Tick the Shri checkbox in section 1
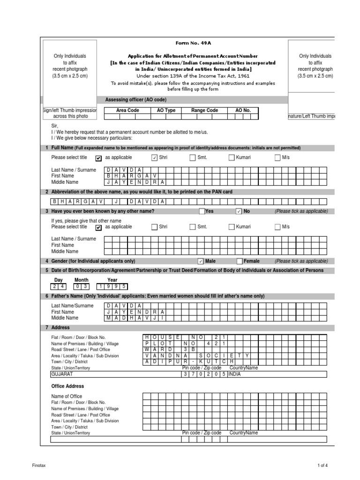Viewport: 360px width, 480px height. click(154, 158)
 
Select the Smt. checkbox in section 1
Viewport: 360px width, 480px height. click(193, 158)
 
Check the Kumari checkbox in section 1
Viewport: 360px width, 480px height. click(231, 158)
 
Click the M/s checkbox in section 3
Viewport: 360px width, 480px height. click(277, 227)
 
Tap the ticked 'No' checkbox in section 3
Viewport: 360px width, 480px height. click(239, 211)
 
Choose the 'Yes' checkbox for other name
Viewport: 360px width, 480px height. click(202, 211)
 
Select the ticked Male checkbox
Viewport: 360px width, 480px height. click(201, 262)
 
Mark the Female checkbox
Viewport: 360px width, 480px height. click(239, 262)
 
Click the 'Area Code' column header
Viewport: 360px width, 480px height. click(127, 110)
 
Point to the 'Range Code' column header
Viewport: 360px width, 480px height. click(205, 110)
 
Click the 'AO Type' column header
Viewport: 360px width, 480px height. click(166, 110)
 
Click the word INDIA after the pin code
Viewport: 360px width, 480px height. click(235, 375)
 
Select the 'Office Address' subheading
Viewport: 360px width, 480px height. click(67, 386)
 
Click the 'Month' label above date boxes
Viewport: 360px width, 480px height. click(81, 280)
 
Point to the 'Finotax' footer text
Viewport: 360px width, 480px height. click(39, 465)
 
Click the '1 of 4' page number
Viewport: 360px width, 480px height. click(322, 465)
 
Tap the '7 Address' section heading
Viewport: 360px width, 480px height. click(58, 328)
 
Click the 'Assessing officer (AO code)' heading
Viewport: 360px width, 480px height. click(135, 99)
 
